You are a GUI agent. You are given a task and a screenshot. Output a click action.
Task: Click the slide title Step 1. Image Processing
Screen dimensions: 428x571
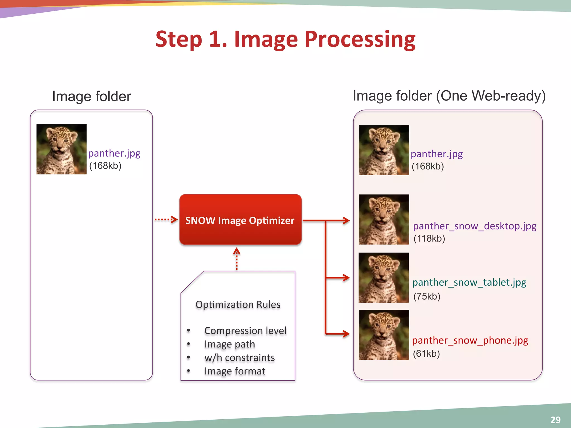(285, 39)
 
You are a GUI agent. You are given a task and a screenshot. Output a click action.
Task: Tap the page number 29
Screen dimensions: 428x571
(555, 420)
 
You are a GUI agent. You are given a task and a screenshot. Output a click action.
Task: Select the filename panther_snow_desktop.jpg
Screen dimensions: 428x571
(475, 226)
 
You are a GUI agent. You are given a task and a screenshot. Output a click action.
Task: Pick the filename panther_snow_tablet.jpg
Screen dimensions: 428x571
(469, 283)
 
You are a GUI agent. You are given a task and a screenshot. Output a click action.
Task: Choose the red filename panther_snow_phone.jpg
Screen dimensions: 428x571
(470, 340)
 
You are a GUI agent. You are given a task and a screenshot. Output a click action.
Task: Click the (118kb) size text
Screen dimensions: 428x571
(429, 239)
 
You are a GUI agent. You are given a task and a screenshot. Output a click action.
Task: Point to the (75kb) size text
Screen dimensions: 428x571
(427, 296)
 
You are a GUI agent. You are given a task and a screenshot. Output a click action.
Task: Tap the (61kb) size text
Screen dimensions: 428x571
(426, 354)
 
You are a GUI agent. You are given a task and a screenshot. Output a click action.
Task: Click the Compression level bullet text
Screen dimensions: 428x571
(245, 331)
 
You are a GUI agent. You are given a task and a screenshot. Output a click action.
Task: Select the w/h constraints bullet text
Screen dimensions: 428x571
(239, 358)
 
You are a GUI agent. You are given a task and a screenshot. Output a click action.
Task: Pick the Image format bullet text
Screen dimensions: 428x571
(234, 371)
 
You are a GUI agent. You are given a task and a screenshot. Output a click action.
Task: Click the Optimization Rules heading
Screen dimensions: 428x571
(238, 305)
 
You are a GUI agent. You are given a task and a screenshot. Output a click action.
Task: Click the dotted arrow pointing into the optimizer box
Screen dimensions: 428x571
(166, 220)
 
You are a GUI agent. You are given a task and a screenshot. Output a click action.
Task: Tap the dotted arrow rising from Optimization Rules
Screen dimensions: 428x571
(237, 259)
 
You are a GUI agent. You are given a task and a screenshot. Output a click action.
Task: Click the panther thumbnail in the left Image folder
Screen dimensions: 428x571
(61, 149)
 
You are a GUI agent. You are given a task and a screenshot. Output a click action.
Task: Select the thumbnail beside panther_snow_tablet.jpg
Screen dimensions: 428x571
(384, 278)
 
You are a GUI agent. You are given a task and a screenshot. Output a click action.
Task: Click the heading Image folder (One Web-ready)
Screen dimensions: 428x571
(449, 96)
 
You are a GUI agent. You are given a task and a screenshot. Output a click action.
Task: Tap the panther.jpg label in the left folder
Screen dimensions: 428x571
(114, 153)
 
